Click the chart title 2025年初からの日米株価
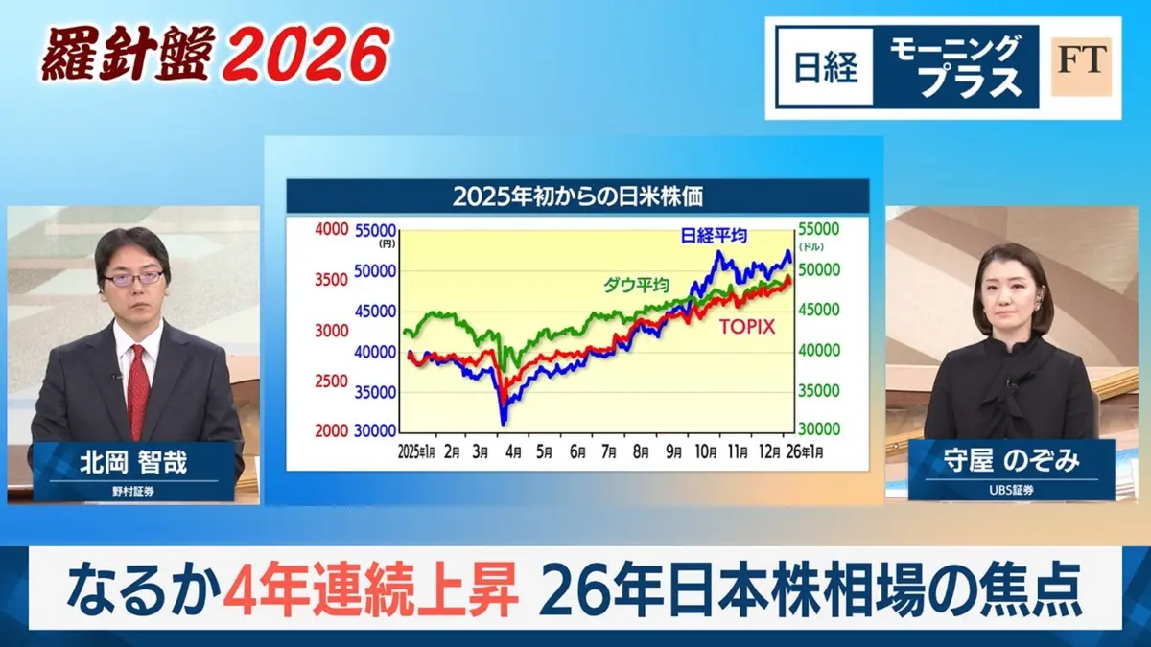coord(578,196)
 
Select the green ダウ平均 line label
coord(636,284)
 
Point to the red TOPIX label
coord(747,326)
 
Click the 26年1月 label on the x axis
coord(804,450)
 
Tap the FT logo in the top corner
coord(1081,67)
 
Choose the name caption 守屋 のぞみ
coord(1010,462)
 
